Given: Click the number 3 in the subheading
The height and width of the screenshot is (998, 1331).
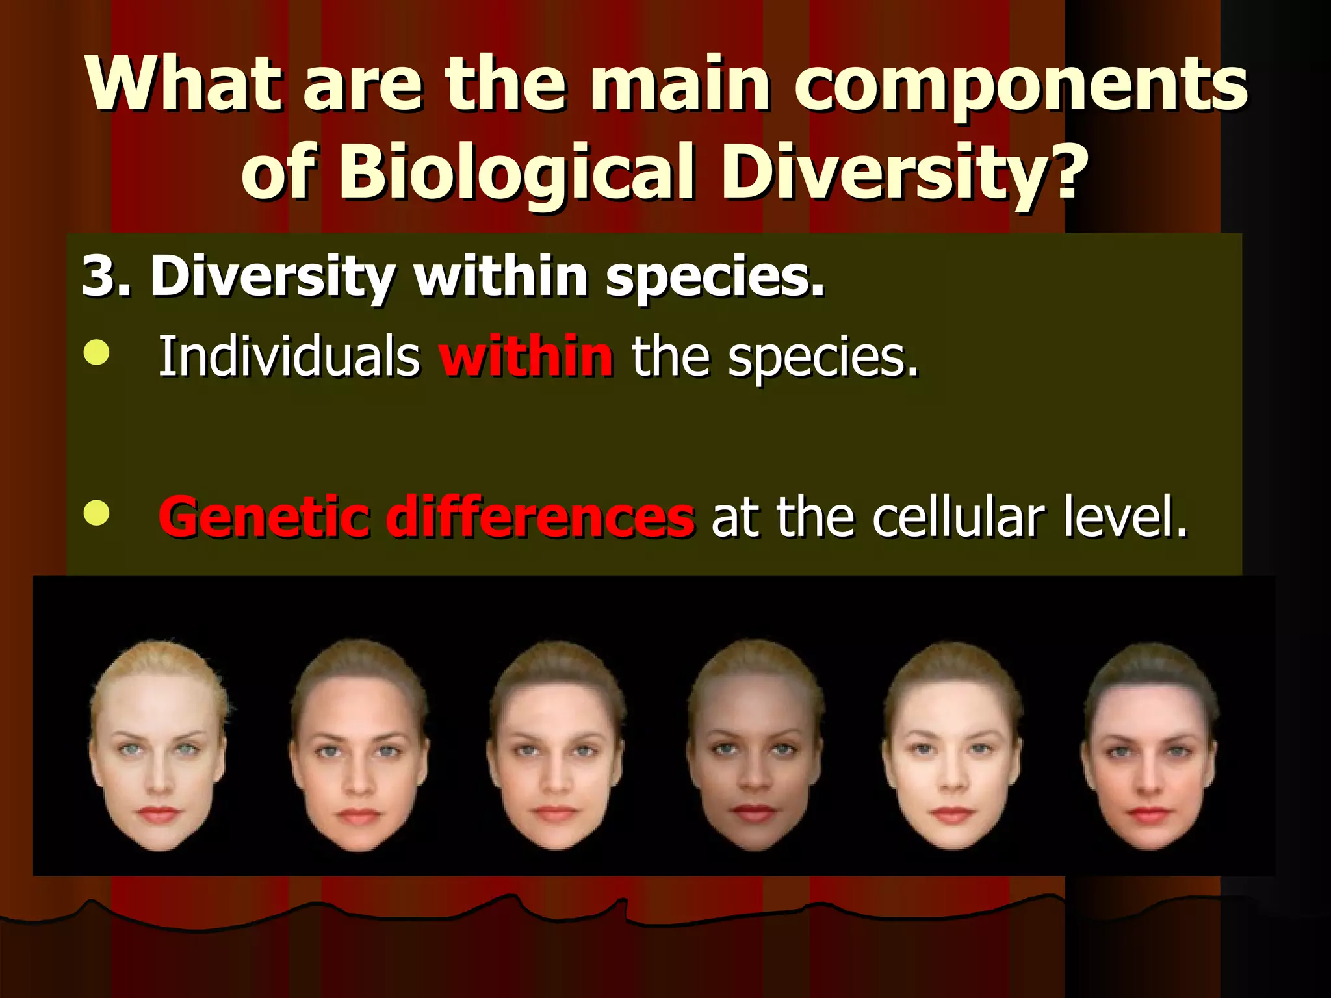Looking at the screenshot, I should point(97,276).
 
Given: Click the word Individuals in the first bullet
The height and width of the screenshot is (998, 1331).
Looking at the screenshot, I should point(289,356).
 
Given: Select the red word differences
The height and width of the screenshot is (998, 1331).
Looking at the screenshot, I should point(541,517).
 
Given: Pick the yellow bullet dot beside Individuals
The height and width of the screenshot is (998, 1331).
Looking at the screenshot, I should point(96,353).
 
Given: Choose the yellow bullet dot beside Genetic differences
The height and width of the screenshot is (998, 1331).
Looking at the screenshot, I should point(96,513).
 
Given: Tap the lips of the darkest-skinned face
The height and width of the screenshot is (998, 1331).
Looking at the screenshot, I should point(754,812).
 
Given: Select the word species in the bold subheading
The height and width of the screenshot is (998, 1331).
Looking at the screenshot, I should point(715,276).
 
